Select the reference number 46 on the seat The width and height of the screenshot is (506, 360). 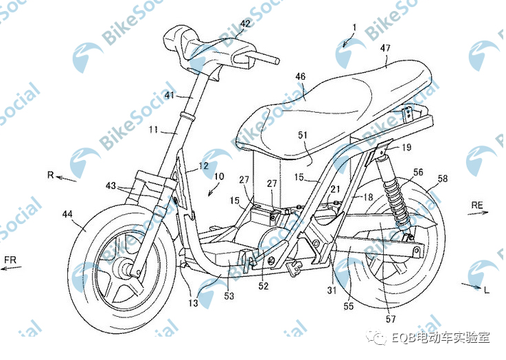coord(301,77)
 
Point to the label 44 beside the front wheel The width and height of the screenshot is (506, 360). coord(67,216)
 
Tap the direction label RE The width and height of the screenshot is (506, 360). coord(479,205)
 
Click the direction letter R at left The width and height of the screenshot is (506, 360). coord(50,175)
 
